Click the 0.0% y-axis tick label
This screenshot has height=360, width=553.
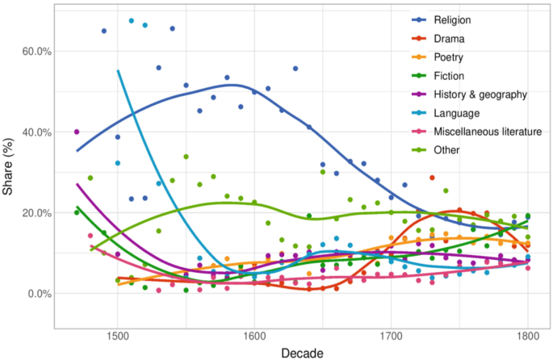[x=37, y=293]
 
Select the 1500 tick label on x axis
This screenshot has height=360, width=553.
[x=118, y=335]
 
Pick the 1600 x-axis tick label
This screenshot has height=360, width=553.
[x=254, y=335]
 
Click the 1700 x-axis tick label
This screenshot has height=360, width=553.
[x=392, y=335]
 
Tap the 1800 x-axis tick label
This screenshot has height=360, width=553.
[x=528, y=335]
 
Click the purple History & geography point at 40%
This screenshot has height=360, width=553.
[x=77, y=132]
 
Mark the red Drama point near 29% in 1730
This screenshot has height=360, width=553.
[x=432, y=178]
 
